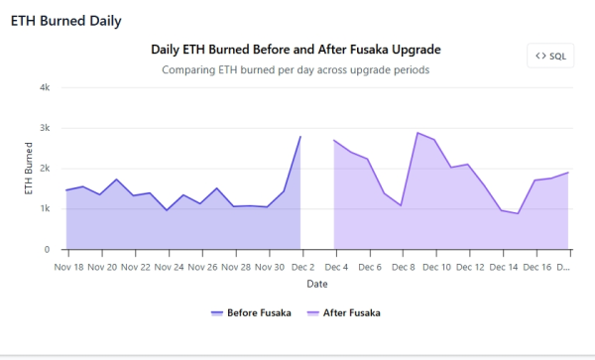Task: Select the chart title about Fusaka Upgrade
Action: click(296, 49)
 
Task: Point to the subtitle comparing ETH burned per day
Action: click(296, 70)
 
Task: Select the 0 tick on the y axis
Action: click(47, 250)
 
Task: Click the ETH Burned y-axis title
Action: click(29, 169)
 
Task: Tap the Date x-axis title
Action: click(317, 284)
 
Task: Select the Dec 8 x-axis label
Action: click(402, 266)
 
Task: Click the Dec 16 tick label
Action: click(536, 266)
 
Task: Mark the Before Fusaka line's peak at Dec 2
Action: click(299, 137)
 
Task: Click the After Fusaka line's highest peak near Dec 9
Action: click(417, 133)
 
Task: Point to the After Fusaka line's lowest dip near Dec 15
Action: click(518, 213)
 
